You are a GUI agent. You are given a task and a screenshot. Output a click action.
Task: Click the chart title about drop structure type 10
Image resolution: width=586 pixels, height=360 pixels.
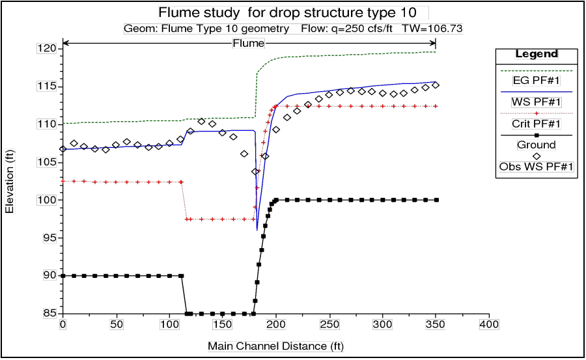point(293,12)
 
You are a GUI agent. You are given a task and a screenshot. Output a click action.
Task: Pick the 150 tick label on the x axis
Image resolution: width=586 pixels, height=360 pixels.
point(223,324)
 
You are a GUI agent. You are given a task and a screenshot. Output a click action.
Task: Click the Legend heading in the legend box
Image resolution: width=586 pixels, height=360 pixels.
point(537,54)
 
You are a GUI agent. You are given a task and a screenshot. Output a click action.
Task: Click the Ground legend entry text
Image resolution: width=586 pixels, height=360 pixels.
point(537,145)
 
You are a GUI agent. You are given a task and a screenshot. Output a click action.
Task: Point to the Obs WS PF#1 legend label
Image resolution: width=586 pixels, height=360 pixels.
point(537,167)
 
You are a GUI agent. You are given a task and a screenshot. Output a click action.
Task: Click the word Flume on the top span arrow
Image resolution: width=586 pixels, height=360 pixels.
point(249,44)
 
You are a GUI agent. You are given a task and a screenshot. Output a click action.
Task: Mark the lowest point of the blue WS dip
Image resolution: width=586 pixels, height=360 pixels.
point(257,229)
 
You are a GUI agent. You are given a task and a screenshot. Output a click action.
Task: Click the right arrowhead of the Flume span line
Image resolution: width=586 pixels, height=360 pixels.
point(433,44)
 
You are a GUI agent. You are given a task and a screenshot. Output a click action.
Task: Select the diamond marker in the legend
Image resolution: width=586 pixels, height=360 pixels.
point(537,156)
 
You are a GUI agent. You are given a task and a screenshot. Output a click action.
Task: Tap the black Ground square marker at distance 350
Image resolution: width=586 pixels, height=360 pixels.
point(436,200)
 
